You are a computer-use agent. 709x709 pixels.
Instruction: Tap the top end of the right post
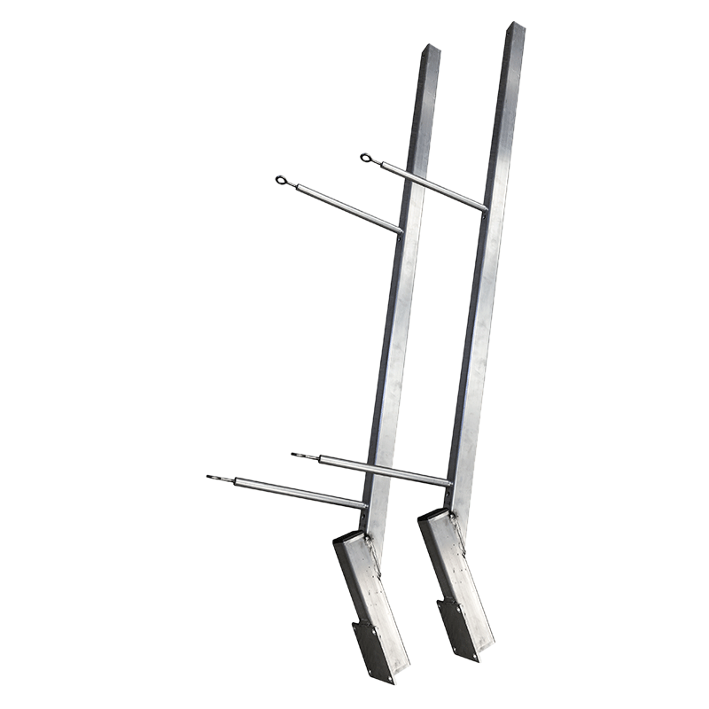pos(516,27)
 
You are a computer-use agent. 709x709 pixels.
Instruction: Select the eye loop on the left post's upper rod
pos(281,181)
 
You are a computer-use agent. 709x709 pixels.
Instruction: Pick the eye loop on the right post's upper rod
pos(366,159)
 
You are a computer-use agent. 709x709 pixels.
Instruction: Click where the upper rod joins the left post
pos(399,232)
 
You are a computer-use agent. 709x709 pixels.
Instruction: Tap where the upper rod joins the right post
pos(484,209)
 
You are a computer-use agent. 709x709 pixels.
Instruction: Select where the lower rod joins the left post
pos(363,506)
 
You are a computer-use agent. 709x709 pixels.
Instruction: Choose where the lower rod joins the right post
pos(448,484)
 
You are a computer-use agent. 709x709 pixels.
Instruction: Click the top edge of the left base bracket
pos(351,537)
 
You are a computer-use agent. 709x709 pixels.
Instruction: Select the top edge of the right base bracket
pos(435,515)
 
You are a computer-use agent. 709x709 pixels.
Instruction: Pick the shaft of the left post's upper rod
pos(346,209)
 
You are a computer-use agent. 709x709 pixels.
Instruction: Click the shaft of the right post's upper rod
pos(430,186)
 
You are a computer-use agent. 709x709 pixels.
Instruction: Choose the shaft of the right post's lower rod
pos(381,470)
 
